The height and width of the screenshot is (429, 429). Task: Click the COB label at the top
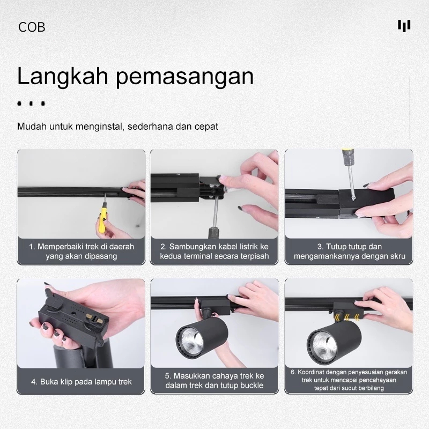coord(32,27)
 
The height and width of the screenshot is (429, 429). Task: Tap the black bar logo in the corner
coord(404,26)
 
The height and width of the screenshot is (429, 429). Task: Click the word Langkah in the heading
coord(63,77)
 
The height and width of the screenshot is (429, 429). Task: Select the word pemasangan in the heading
coord(184,77)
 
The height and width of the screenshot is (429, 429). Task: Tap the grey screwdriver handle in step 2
coord(214,232)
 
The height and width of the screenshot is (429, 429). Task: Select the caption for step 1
coord(82,252)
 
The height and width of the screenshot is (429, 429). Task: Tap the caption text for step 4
coord(82,382)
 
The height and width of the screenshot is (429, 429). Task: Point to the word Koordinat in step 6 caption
coord(310,372)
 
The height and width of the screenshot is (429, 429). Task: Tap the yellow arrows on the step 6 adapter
coord(346,317)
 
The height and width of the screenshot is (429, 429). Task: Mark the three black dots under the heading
coord(31,103)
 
